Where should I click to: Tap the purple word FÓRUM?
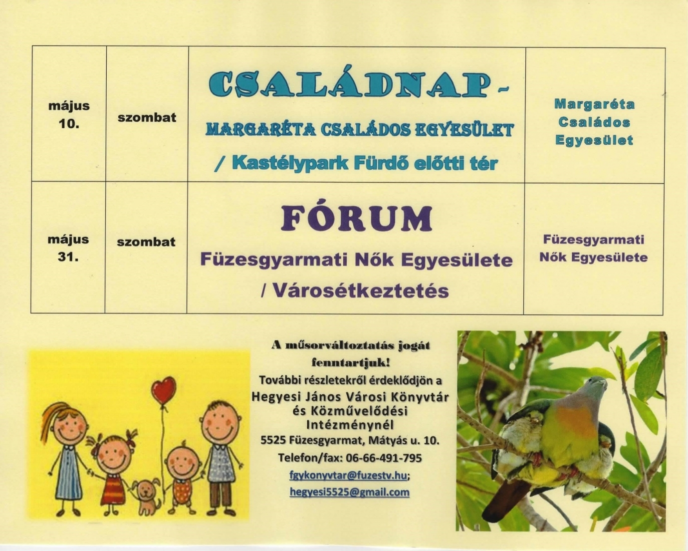coord(356,219)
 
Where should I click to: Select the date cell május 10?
coord(69,114)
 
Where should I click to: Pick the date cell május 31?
coord(68,248)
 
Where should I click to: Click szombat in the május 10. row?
coord(147,117)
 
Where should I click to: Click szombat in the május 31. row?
coord(146,242)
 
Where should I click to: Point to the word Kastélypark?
coord(290,164)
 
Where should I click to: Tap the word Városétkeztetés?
coord(361,290)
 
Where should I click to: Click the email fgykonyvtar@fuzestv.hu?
coord(348,476)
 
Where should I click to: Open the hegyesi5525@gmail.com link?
coord(349,492)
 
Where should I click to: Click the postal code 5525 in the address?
coord(273,441)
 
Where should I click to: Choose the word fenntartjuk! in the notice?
coord(351,363)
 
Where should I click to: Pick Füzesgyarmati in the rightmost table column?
coord(594,240)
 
